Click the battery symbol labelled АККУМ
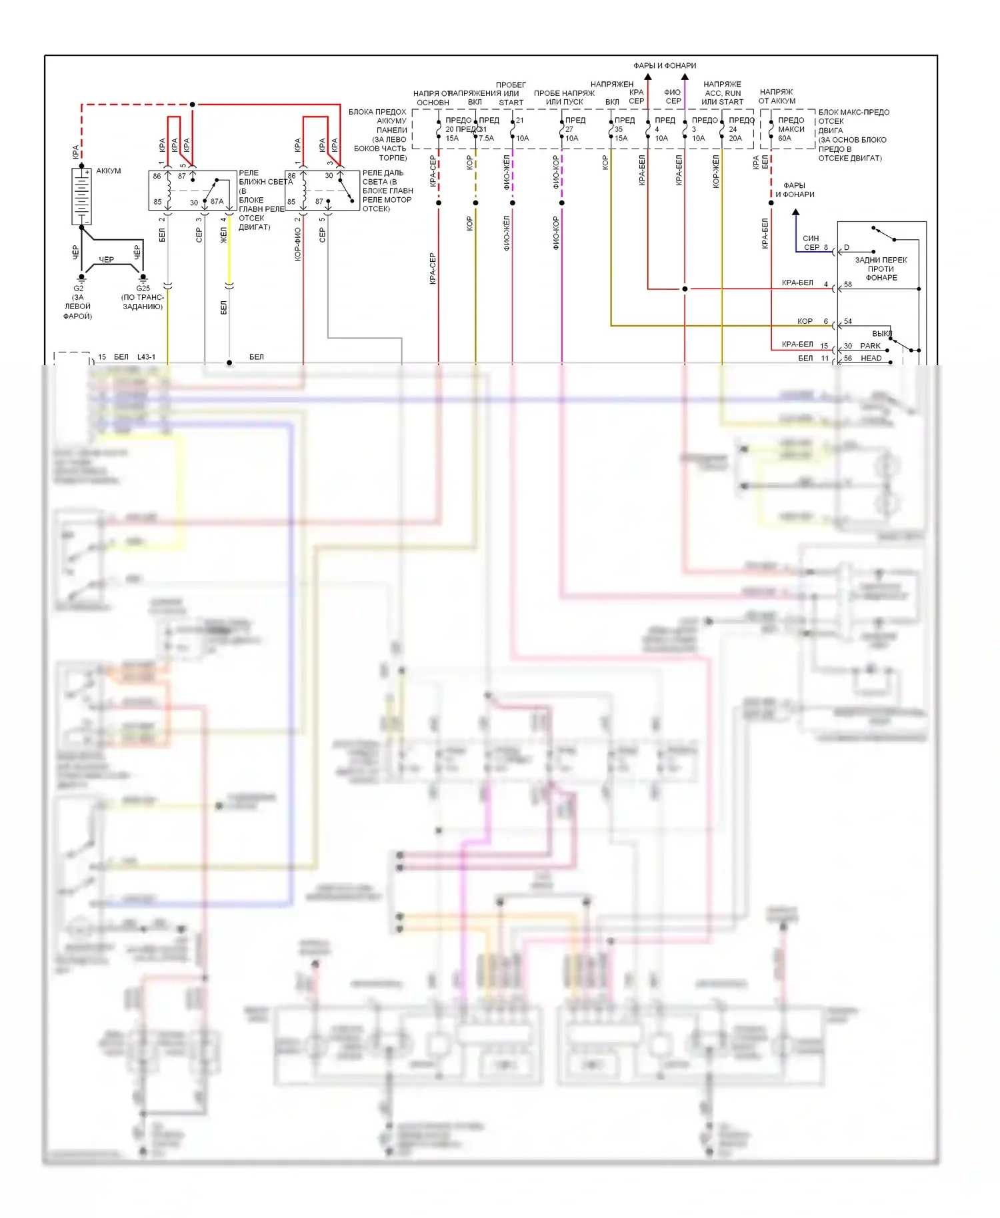point(81,196)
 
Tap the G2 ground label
point(79,289)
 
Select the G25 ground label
point(143,289)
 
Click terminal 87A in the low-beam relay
point(217,201)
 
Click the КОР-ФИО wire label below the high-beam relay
point(297,244)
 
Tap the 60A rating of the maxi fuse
point(785,139)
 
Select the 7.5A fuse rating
point(487,139)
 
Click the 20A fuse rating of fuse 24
point(735,139)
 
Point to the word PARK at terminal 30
point(870,346)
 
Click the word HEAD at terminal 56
point(871,358)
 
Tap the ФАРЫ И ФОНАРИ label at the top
point(665,65)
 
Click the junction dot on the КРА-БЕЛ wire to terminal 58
point(685,289)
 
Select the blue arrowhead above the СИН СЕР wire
point(795,213)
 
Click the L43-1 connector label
point(146,357)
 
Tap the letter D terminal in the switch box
point(847,248)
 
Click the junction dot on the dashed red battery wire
point(193,105)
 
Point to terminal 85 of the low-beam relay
point(157,202)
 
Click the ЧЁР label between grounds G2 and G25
point(107,260)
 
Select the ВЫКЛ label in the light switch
point(881,333)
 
